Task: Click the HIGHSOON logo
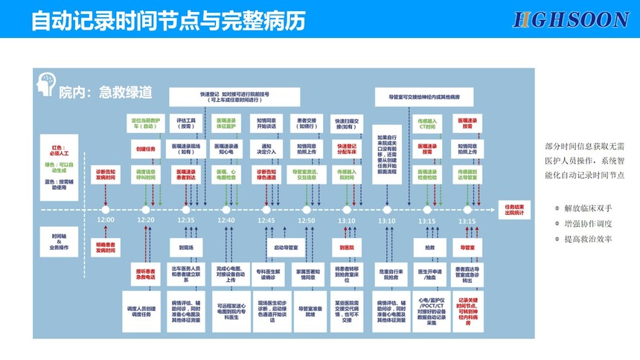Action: pyautogui.click(x=571, y=19)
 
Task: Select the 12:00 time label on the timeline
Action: pyautogui.click(x=106, y=220)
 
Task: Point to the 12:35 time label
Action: pyautogui.click(x=186, y=220)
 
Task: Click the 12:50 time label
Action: pyautogui.click(x=307, y=220)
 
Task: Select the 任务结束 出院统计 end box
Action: pyautogui.click(x=515, y=209)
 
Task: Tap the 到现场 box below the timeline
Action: pyautogui.click(x=186, y=246)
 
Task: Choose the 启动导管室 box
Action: pyautogui.click(x=287, y=246)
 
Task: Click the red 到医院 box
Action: pyautogui.click(x=347, y=246)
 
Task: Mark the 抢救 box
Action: pyautogui.click(x=429, y=246)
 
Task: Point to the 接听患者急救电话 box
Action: pyautogui.click(x=146, y=272)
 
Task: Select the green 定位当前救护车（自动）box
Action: pyautogui.click(x=146, y=123)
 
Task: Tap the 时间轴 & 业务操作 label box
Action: pyautogui.click(x=59, y=241)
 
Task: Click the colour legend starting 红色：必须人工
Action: pyautogui.click(x=59, y=168)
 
